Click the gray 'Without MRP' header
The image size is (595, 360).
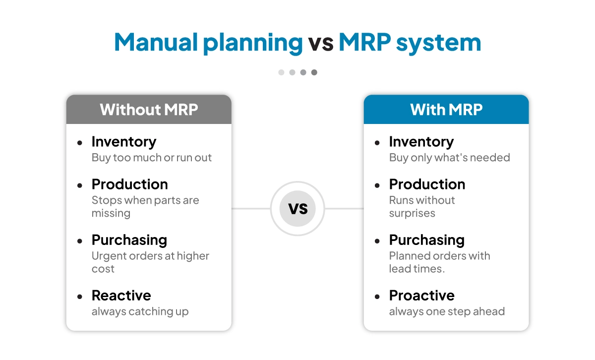point(149,110)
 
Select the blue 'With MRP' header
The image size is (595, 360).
point(446,110)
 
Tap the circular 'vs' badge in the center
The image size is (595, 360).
point(297,208)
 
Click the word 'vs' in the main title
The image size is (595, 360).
point(320,43)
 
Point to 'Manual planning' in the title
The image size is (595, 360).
point(208,43)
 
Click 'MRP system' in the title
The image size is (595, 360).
point(410,43)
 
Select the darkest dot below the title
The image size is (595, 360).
point(314,72)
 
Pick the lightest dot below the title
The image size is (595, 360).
point(281,72)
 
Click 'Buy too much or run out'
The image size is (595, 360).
point(152,158)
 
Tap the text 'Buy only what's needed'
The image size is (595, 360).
point(449,158)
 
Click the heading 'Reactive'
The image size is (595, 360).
point(121,296)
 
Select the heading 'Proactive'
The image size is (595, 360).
point(421,296)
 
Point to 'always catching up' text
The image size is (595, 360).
point(140,312)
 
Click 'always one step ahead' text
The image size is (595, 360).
point(447,312)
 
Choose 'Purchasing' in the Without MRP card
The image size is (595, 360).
point(129,240)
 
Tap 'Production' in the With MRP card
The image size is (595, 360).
point(427,184)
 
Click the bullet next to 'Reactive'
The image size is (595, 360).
point(80,297)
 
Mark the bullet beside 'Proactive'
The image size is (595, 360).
point(378,297)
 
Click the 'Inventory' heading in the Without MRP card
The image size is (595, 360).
point(123,142)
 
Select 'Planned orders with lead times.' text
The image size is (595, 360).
point(439,262)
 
